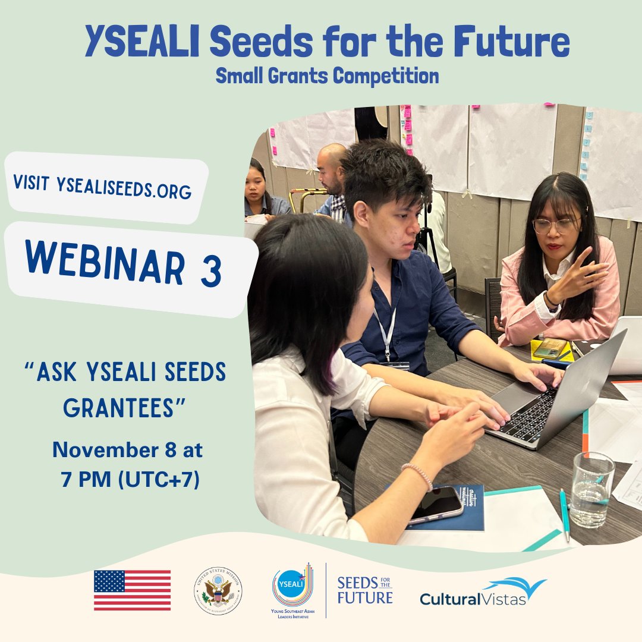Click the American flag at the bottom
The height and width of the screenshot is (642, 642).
[x=132, y=590]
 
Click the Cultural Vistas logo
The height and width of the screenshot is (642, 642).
[x=483, y=592]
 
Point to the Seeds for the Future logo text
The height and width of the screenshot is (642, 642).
[x=364, y=590]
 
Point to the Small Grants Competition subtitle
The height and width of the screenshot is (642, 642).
[x=327, y=75]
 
